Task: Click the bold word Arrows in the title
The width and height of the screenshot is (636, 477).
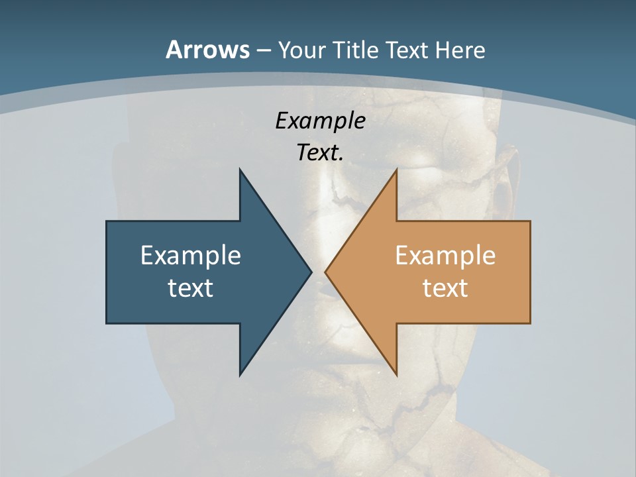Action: point(207,50)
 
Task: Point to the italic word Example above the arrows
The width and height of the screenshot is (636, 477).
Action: point(320,121)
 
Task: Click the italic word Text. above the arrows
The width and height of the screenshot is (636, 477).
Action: point(320,152)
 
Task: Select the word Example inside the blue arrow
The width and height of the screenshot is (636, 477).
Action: point(191,255)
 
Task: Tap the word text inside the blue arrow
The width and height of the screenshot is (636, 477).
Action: point(191,288)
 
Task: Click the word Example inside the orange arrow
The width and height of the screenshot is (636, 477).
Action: point(445,255)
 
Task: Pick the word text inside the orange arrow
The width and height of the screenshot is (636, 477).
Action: point(445,288)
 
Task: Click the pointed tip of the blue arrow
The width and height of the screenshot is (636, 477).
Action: point(311,272)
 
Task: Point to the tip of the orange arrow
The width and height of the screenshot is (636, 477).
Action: point(325,272)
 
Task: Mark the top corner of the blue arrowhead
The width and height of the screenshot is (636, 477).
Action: point(240,169)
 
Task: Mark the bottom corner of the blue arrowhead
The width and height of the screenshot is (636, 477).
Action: point(240,376)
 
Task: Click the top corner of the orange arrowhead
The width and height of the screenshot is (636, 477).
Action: point(396,170)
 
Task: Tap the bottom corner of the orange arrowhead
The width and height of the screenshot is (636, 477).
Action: point(396,376)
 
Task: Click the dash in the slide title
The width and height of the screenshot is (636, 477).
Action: point(263,50)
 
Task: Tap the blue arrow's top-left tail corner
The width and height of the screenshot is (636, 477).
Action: point(107,221)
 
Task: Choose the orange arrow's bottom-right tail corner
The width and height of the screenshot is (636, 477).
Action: point(530,323)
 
